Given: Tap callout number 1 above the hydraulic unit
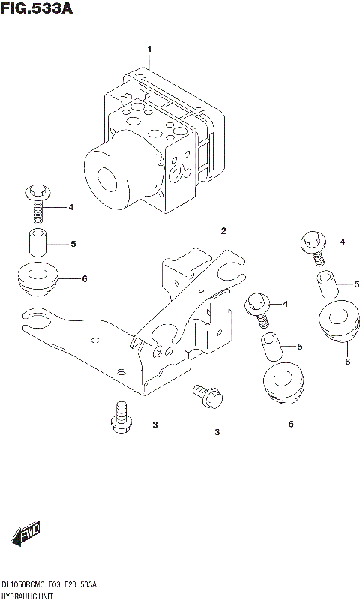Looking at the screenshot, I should pos(149,50).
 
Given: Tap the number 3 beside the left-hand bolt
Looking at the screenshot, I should pos(154,425).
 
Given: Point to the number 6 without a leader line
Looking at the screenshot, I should pos(290,425).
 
